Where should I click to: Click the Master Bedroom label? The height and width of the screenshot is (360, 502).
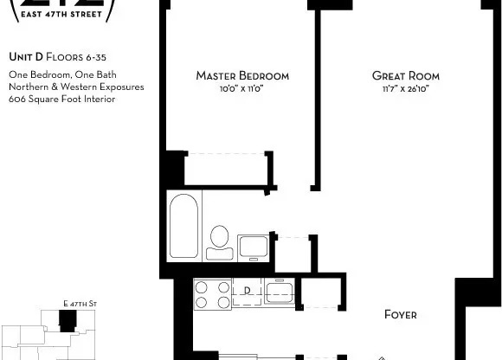[241, 76]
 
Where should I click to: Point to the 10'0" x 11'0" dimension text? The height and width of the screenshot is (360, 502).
[241, 88]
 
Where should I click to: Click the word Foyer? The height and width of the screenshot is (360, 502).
[401, 314]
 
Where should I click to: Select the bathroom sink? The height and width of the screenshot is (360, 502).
[253, 245]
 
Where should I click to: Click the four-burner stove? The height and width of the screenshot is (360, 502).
[211, 295]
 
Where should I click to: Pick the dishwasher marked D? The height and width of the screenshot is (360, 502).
[247, 290]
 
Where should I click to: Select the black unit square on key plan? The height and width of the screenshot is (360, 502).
[67, 321]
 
